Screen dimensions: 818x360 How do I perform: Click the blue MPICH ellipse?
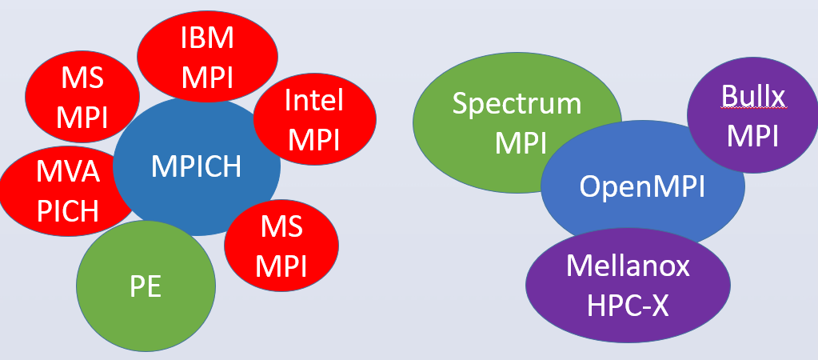[x=197, y=166]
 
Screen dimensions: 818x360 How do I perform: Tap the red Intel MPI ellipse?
[x=314, y=120]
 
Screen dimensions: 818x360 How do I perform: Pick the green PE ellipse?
[x=146, y=286]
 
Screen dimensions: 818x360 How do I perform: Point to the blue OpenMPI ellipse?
[x=642, y=186]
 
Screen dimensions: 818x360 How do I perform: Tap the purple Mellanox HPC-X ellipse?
[x=628, y=286]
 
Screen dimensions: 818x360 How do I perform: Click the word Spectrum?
[x=517, y=103]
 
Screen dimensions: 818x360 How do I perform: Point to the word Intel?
[x=314, y=102]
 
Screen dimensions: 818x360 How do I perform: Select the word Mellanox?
[x=628, y=266]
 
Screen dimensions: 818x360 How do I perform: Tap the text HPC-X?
[x=628, y=305]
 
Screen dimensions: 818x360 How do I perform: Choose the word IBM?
[x=207, y=37]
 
